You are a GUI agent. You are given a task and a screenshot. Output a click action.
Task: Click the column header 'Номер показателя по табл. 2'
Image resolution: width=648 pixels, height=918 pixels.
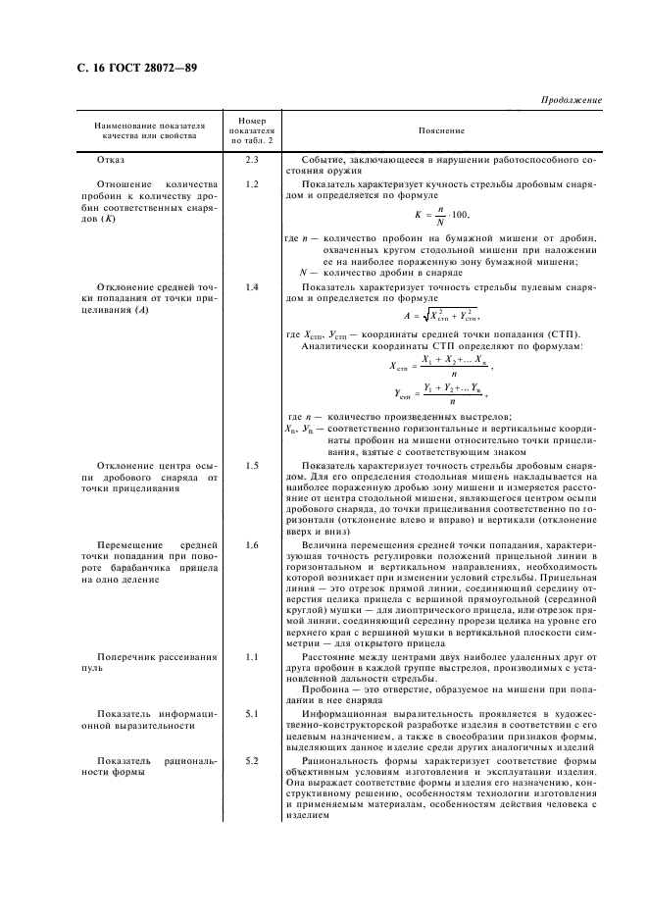[251, 129]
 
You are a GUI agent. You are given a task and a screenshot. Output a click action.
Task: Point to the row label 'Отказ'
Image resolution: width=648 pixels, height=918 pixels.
[111, 159]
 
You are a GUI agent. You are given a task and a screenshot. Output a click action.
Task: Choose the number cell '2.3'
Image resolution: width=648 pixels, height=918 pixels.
[251, 159]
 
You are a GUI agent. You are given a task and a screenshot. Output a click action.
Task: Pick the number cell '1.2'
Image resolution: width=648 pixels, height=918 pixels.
[251, 184]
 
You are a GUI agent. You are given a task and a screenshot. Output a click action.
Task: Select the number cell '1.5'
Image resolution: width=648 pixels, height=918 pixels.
[251, 464]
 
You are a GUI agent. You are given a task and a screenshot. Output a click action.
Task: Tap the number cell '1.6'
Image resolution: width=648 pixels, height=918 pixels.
[251, 544]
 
